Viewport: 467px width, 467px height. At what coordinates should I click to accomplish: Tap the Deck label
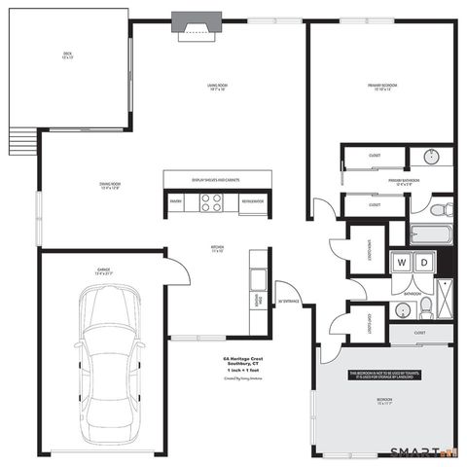pos(67,55)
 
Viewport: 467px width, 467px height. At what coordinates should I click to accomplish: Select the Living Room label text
pos(217,87)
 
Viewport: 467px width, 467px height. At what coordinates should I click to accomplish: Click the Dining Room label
pos(109,185)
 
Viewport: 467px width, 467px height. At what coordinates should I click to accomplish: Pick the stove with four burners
pos(211,202)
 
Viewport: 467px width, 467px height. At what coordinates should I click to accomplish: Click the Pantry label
pos(176,201)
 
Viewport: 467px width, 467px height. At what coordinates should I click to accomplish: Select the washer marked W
pos(401,263)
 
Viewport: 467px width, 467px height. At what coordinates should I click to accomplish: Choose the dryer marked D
pos(424,263)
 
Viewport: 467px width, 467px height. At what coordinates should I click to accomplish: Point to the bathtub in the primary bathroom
pos(427,234)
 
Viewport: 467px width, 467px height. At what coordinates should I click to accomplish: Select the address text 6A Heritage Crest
pos(243,358)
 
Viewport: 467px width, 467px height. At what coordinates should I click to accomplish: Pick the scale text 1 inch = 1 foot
pos(243,372)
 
